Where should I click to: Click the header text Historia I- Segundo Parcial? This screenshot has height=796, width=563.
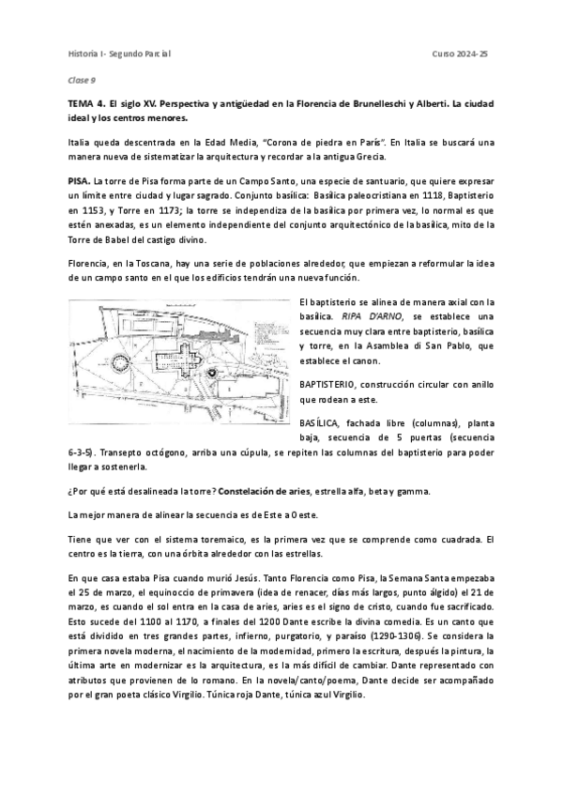pyautogui.click(x=118, y=54)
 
